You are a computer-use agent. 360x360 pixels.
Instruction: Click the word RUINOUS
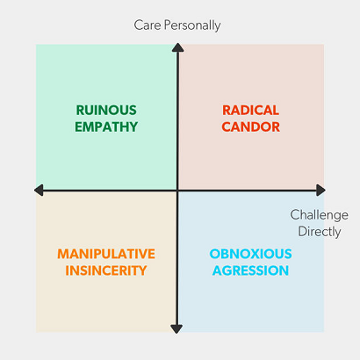click(106, 111)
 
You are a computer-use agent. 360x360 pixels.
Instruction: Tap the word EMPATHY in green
click(106, 126)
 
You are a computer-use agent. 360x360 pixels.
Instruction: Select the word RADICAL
click(251, 111)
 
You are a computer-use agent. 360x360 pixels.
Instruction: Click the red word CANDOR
click(251, 126)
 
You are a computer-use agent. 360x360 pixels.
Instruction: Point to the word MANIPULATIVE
click(106, 254)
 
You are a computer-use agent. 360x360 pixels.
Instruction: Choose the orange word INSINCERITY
click(106, 270)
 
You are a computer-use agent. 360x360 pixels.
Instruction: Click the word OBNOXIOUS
click(251, 254)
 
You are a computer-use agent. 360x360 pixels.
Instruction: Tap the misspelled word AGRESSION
click(251, 270)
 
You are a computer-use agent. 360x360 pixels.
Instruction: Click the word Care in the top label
click(148, 25)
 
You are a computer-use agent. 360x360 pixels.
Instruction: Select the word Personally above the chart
click(192, 25)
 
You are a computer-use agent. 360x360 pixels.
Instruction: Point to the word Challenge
click(320, 215)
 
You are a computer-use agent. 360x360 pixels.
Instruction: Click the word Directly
click(320, 232)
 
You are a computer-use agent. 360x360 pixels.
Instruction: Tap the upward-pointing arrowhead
click(177, 47)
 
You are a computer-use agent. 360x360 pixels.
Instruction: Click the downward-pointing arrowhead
click(176, 329)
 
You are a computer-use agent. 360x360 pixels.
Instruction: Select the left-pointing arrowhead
click(39, 191)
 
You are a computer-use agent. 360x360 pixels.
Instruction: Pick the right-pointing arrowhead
click(320, 191)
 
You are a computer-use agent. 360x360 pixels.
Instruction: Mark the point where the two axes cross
click(177, 191)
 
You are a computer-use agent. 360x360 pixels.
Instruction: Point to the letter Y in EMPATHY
click(133, 126)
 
